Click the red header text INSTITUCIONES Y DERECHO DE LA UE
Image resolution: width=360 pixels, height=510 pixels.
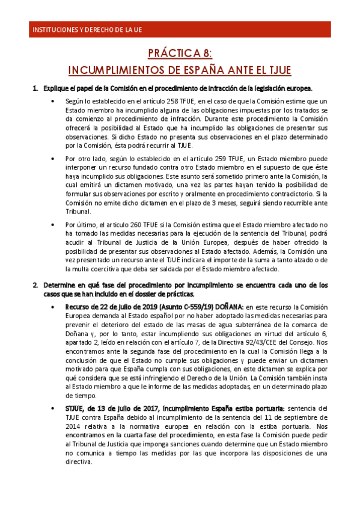(x=87, y=29)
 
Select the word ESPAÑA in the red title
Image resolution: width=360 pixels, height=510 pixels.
(x=207, y=70)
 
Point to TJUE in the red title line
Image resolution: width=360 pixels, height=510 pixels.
(x=275, y=70)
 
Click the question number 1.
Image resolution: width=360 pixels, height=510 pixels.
(x=34, y=88)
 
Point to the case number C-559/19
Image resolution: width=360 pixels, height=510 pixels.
(x=194, y=307)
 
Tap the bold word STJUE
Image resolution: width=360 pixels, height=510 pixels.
(x=76, y=408)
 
